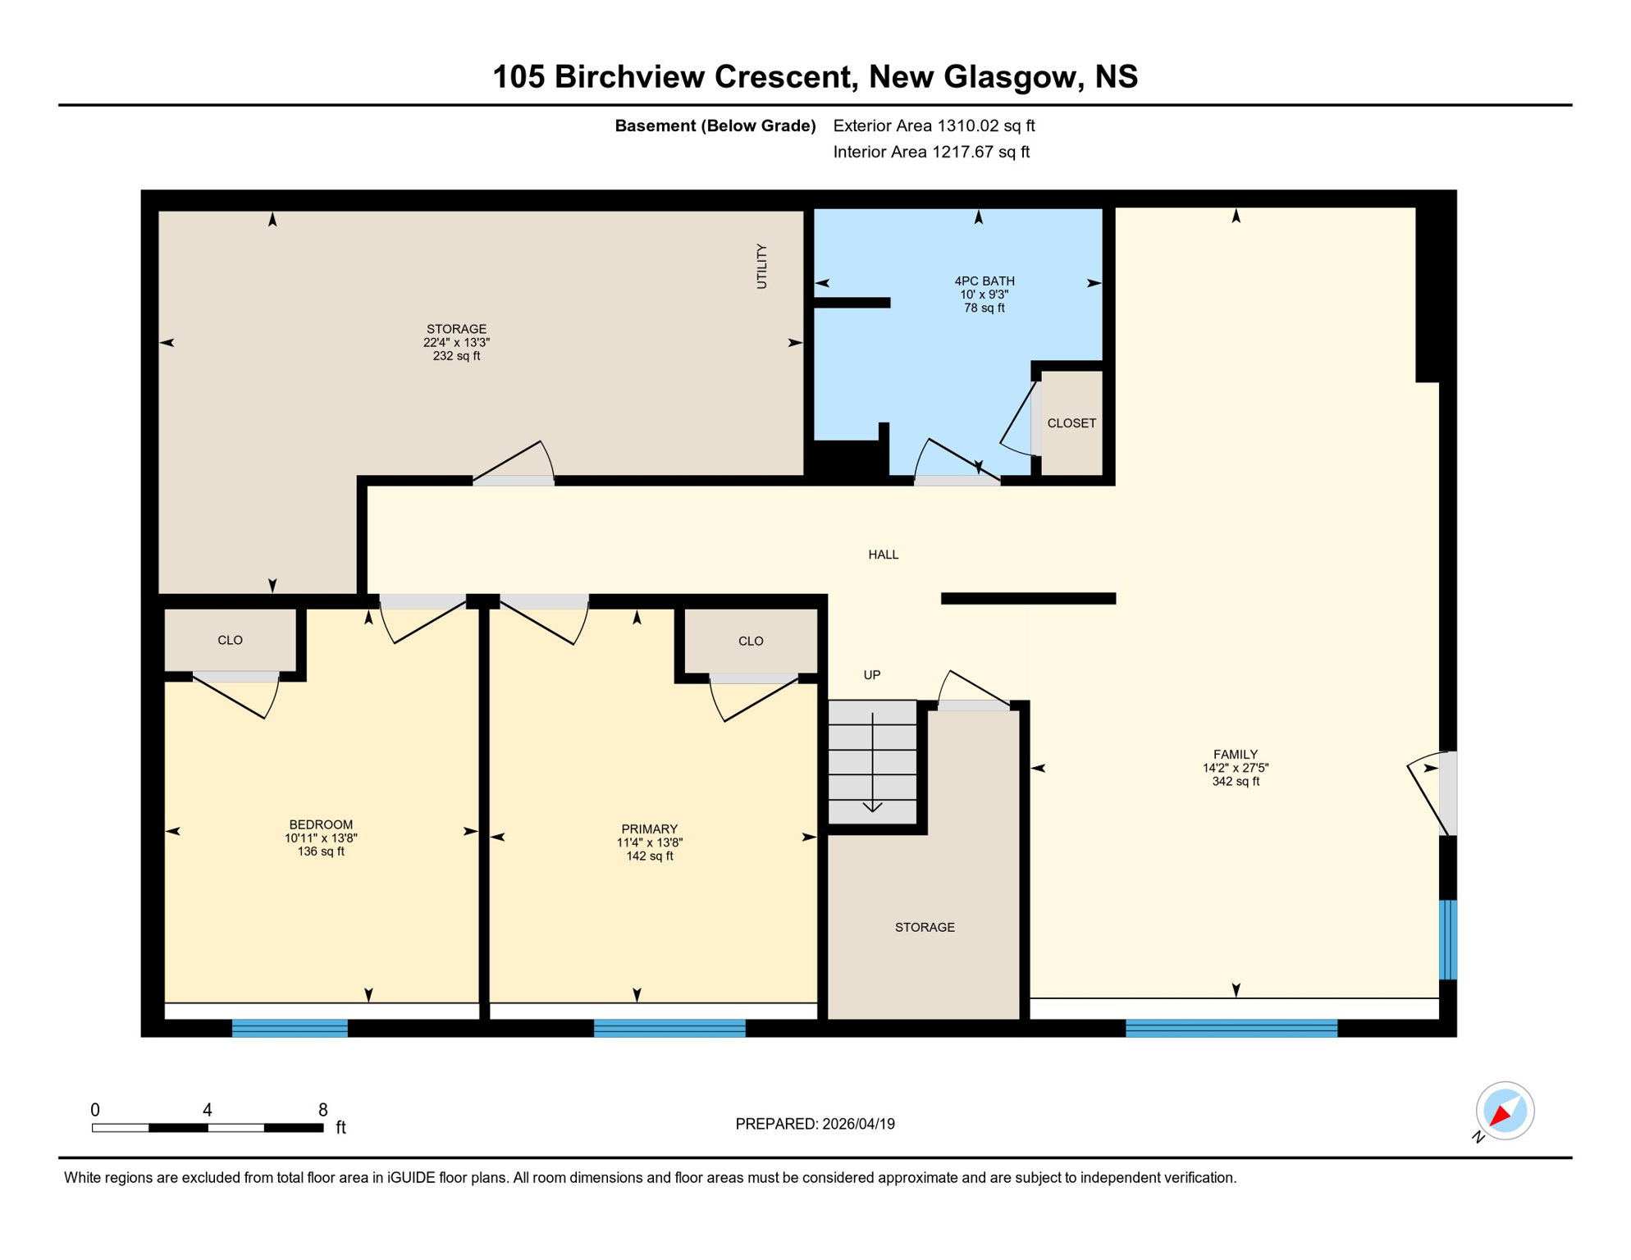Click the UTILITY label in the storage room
761,266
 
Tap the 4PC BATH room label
984,281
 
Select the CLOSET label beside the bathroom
1071,423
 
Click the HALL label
883,555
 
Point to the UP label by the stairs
871,675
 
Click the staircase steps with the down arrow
872,762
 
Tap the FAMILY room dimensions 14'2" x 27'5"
1235,768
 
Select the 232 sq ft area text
456,356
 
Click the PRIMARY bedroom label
649,829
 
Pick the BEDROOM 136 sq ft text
321,851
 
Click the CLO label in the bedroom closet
230,640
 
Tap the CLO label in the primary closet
750,641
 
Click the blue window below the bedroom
290,1028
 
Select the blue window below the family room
1231,1028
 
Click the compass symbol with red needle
1504,1111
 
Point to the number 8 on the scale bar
322,1110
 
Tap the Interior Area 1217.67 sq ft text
930,152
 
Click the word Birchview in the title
630,76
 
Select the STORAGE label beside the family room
924,927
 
